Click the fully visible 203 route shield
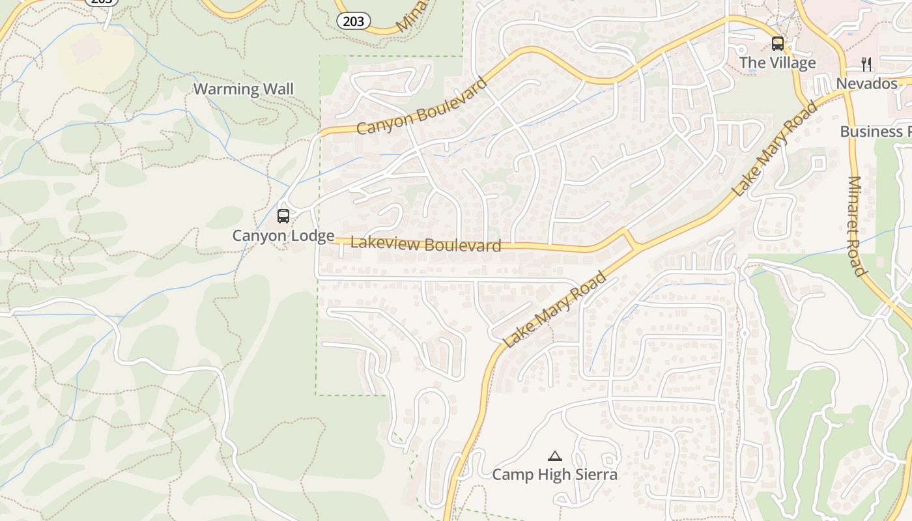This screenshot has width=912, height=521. tap(353, 21)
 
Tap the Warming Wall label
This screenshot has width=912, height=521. tap(244, 89)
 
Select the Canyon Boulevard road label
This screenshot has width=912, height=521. tap(421, 106)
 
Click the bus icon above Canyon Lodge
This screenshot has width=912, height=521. tap(283, 216)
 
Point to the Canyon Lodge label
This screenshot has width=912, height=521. tap(283, 236)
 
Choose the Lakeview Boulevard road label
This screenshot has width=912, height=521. tap(426, 244)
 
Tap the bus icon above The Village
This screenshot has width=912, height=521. tap(778, 44)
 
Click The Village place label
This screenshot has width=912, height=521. tap(777, 63)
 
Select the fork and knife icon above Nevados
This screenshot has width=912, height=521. tap(866, 64)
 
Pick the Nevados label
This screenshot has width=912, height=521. tap(866, 84)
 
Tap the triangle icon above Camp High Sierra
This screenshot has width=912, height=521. tap(554, 456)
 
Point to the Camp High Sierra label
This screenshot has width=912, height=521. tap(554, 475)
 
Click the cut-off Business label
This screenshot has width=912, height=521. tap(875, 132)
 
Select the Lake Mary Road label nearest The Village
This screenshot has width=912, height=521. tap(775, 149)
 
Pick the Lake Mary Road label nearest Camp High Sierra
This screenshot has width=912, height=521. tap(555, 310)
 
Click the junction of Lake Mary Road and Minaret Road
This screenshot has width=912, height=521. tap(845, 92)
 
